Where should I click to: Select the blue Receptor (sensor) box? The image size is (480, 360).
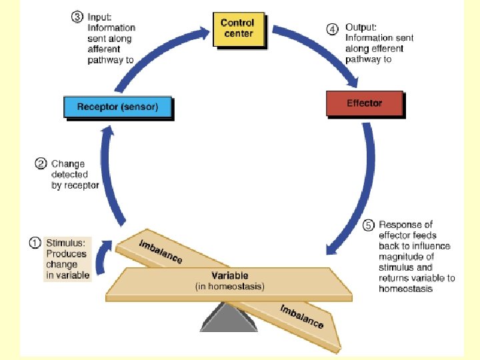[x=117, y=107]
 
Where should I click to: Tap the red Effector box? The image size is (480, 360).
[x=364, y=103]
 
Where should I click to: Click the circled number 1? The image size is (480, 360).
[x=35, y=243]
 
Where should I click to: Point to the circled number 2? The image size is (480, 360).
[x=40, y=163]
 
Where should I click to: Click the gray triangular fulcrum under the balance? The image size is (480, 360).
[x=229, y=319]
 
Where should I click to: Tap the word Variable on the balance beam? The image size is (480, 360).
[x=230, y=275]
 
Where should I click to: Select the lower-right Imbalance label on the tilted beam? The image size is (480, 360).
[x=301, y=316]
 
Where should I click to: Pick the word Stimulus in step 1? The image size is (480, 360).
[x=65, y=243]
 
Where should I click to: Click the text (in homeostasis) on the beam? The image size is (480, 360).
[x=230, y=287]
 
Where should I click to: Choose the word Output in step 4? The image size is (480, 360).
[x=360, y=28]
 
